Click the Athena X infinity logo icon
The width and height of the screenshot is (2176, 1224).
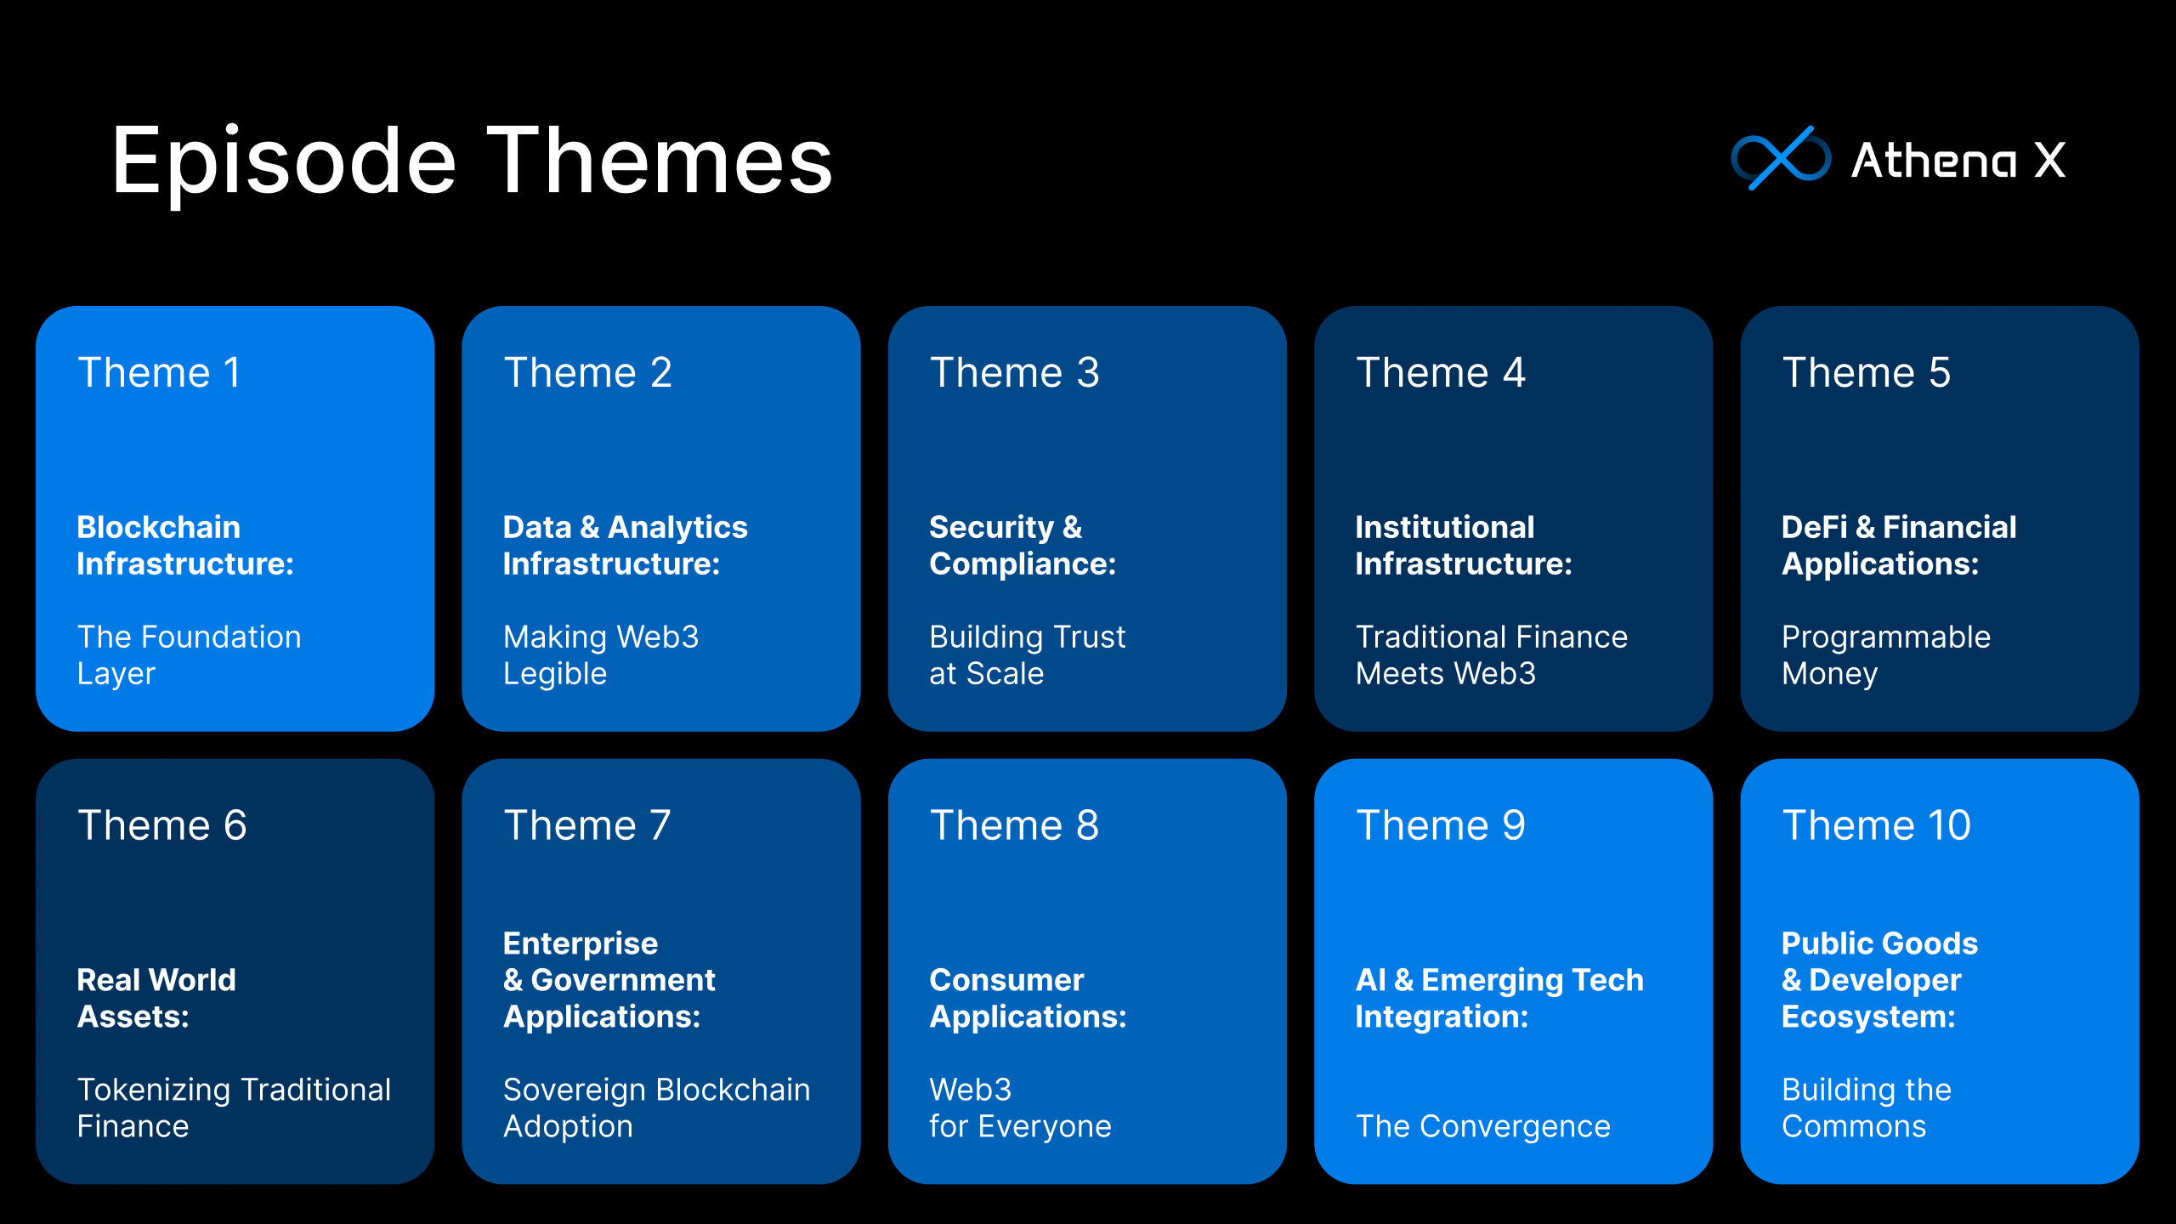(1780, 158)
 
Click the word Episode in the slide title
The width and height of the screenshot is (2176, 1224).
(284, 161)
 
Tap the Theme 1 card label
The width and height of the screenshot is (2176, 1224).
(159, 372)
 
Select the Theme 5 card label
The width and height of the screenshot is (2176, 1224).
(1866, 372)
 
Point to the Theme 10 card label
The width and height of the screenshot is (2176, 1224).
(1876, 825)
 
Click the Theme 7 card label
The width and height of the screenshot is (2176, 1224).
(586, 825)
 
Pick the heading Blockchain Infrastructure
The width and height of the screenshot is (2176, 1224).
(185, 546)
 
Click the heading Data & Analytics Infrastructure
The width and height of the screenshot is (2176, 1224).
(625, 546)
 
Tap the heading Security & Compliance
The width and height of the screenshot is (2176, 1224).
(1023, 546)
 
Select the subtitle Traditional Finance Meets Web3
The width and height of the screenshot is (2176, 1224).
(1492, 655)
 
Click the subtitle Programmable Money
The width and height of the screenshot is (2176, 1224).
(1886, 655)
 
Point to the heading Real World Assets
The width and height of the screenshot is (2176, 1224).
(156, 999)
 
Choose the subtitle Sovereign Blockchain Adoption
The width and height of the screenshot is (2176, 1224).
(656, 1108)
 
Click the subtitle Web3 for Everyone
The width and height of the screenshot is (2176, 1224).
(1020, 1108)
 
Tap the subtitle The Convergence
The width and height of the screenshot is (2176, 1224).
(1483, 1126)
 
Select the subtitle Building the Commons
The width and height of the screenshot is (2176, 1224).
(1867, 1108)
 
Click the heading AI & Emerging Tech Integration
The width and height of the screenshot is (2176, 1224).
(1499, 999)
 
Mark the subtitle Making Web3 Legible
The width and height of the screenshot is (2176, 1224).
(601, 655)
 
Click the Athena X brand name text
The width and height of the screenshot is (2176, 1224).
(1958, 160)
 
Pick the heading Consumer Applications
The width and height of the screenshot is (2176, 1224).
(1028, 999)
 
